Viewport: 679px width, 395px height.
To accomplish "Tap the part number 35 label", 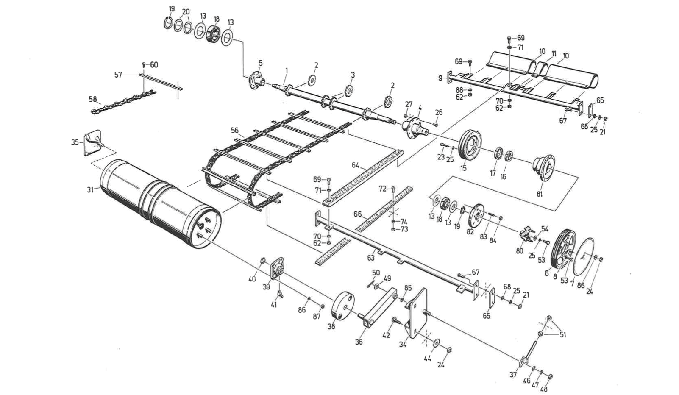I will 75,142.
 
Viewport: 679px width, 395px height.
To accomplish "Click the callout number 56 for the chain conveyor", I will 234,131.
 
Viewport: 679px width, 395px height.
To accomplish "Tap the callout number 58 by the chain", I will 92,99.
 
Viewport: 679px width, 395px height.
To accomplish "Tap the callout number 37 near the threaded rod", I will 513,375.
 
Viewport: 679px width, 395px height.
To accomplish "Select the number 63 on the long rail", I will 371,257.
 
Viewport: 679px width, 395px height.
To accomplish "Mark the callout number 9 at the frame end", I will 441,78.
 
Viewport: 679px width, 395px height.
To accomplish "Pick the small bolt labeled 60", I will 144,65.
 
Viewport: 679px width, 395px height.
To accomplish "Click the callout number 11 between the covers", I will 554,54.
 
